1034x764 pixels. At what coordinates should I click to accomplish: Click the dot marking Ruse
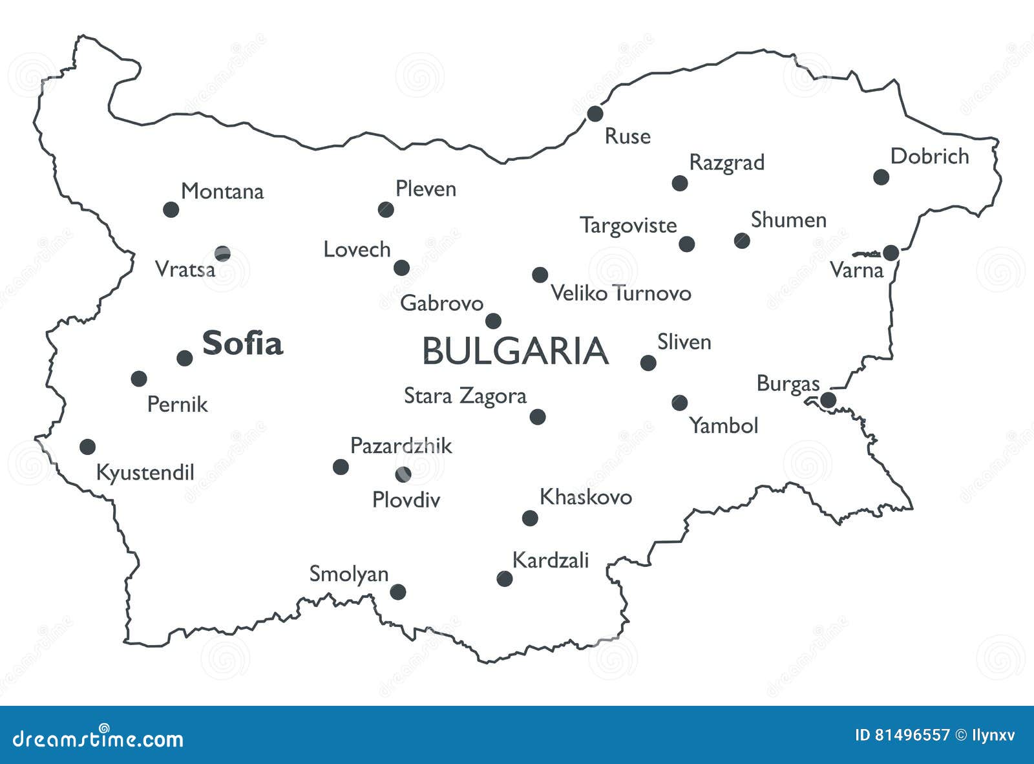(x=595, y=114)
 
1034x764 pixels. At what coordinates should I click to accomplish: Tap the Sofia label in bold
(x=242, y=343)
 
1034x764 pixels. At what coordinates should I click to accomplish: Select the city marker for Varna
(x=891, y=253)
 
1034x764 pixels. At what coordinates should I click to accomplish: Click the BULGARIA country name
(x=515, y=352)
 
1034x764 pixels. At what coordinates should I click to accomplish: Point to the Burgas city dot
(x=828, y=400)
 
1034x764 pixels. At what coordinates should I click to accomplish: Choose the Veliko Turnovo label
(x=620, y=293)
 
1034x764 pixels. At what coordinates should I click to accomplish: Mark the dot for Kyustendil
(x=87, y=446)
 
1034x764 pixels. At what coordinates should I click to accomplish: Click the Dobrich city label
(x=929, y=156)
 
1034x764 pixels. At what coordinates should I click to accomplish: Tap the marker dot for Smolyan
(x=398, y=591)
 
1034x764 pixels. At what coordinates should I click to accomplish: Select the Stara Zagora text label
(x=465, y=396)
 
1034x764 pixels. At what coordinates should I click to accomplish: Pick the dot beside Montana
(x=171, y=209)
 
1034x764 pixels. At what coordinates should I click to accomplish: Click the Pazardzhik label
(x=401, y=446)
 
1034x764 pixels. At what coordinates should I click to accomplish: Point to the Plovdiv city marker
(x=403, y=474)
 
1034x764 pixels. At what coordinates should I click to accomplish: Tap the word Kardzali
(x=550, y=560)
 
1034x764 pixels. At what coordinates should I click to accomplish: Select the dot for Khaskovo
(x=530, y=518)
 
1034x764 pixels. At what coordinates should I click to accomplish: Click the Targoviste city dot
(x=687, y=244)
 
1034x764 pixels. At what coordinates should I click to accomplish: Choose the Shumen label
(x=788, y=220)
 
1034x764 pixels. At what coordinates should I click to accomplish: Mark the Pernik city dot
(x=138, y=378)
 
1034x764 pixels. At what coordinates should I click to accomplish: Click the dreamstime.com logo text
(x=98, y=737)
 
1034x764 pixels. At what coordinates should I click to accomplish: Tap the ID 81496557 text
(x=902, y=735)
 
